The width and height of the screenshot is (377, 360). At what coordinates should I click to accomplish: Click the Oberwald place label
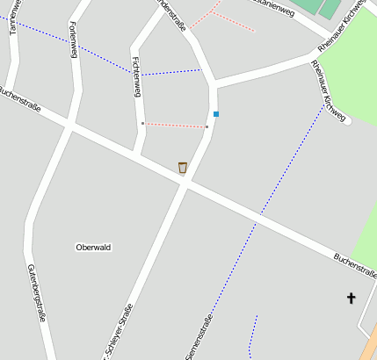[93, 248]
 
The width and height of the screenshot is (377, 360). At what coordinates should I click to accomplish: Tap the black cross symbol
[352, 299]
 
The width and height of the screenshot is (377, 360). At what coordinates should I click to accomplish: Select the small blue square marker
[215, 114]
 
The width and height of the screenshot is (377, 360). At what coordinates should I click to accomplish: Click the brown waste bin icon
[183, 168]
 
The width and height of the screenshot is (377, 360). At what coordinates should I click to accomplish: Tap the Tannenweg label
[13, 17]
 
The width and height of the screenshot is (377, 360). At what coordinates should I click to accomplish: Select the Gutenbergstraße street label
[36, 292]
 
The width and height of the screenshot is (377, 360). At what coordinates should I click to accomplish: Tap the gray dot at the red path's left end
[142, 124]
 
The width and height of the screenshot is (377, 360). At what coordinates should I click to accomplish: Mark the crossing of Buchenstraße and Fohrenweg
[69, 126]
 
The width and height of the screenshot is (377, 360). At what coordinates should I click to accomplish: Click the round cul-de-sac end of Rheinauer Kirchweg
[348, 121]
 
